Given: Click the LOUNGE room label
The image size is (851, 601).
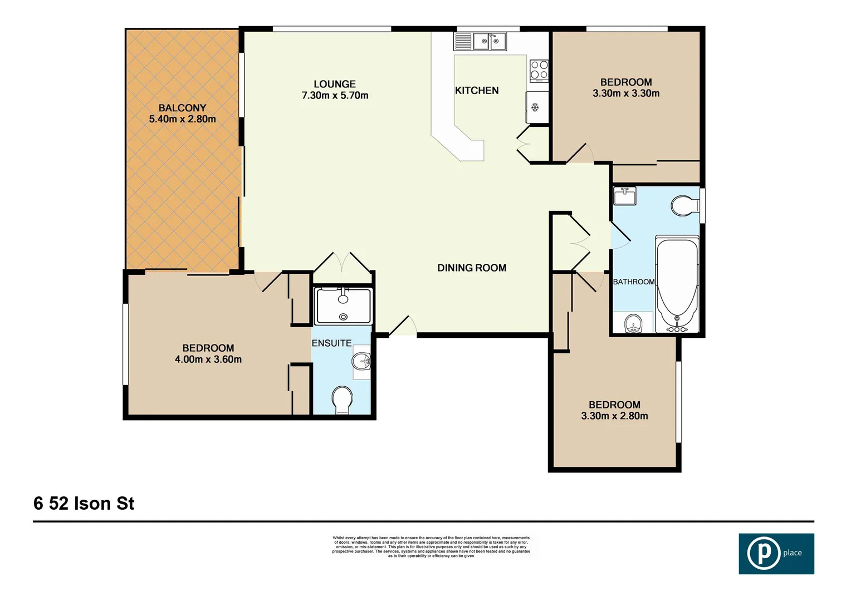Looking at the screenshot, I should click(x=334, y=84).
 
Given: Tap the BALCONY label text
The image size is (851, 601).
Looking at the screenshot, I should click(x=182, y=108).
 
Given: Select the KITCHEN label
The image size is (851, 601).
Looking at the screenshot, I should click(x=477, y=90).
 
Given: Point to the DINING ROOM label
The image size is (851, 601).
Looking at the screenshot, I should click(x=472, y=268).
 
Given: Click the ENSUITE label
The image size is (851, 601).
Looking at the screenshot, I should click(x=331, y=343).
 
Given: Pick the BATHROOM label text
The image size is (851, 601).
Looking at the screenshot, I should click(x=633, y=282).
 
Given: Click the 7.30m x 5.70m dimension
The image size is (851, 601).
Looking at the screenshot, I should click(x=335, y=96).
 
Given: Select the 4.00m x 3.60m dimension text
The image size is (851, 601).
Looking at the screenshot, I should click(x=208, y=359).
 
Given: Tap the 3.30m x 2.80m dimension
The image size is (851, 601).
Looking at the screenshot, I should click(x=614, y=416).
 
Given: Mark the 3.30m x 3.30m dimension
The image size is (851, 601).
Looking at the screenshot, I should click(x=626, y=93).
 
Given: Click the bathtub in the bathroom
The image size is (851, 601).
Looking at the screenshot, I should click(x=677, y=284).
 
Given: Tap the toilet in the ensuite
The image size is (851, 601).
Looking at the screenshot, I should click(x=342, y=400).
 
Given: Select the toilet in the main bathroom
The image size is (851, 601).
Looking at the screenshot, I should click(x=684, y=205).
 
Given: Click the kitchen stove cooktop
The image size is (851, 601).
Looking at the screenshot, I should click(x=539, y=71).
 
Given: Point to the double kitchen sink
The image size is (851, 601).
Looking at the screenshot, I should click(x=490, y=41).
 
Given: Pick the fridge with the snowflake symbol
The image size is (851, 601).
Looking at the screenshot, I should click(x=535, y=107).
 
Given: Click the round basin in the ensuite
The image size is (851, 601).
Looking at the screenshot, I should click(x=361, y=362).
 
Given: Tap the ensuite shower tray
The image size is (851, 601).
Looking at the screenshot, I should click(x=343, y=306).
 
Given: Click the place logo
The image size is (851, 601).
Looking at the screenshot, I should click(x=776, y=554).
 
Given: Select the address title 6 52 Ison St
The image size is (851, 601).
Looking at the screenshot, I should click(x=84, y=504).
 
